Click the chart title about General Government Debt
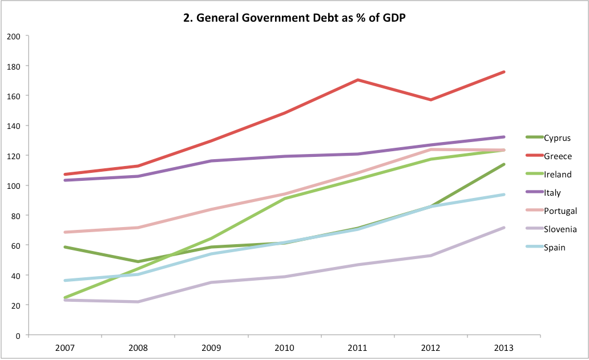[x=295, y=18]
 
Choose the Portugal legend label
[x=560, y=211]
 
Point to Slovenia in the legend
[x=560, y=229]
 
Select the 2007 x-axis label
[x=64, y=347]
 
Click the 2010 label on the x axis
[x=284, y=347]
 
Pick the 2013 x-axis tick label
[x=504, y=347]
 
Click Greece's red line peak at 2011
[x=357, y=80]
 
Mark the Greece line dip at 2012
[x=431, y=100]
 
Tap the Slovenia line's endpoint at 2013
[x=504, y=228]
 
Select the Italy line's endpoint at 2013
[x=504, y=137]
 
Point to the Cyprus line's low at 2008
[x=138, y=262]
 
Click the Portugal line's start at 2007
[x=65, y=232]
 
